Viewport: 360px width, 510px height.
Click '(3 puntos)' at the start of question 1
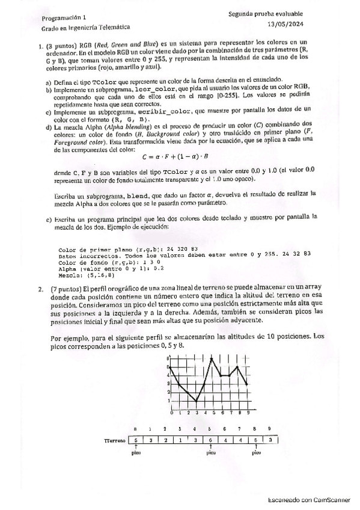tap(58, 43)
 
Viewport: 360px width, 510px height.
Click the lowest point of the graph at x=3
tap(197, 402)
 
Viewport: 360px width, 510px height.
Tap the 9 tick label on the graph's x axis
tap(248, 414)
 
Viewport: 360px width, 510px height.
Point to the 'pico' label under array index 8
tap(256, 454)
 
